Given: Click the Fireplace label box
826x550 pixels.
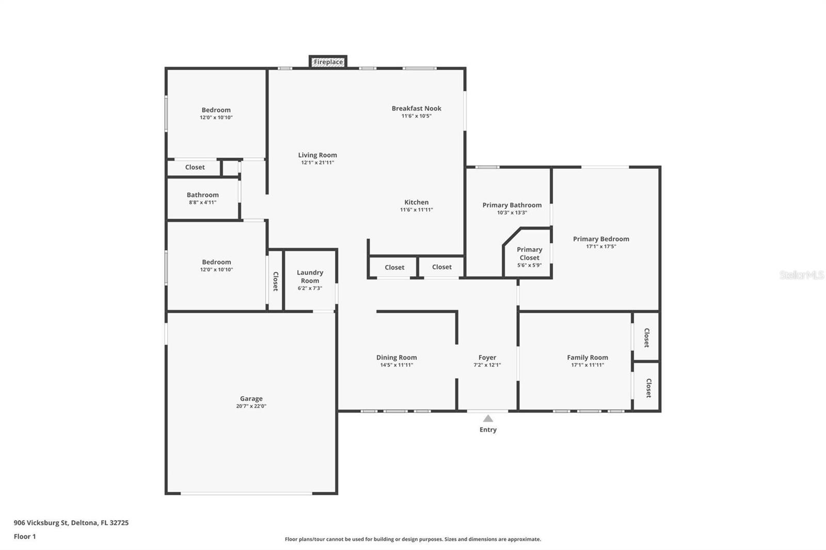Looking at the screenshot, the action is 328,62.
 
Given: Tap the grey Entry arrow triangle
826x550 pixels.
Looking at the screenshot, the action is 488,418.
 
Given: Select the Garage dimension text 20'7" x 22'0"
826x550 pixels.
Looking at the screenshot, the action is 251,406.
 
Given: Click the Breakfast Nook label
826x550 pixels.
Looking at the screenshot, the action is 416,108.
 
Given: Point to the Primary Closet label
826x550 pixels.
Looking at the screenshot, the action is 529,254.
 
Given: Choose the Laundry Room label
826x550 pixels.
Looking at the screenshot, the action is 310,277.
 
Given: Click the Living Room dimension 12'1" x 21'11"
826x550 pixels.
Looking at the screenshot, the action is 317,163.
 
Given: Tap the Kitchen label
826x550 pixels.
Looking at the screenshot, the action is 416,202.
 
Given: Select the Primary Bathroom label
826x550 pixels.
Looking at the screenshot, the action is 512,205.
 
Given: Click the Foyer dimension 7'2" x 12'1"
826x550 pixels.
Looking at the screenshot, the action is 487,365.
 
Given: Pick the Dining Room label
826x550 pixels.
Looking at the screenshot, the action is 396,358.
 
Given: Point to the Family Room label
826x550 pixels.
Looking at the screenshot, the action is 587,358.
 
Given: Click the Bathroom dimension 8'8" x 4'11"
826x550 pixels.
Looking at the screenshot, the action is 202,202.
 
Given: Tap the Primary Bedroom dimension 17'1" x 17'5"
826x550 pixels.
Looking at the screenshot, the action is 601,247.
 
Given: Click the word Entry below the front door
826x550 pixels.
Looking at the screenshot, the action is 488,430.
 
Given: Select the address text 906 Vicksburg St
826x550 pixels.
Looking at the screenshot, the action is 41,523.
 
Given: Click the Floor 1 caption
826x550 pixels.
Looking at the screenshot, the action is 25,537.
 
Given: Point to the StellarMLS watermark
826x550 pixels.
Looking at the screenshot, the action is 802,274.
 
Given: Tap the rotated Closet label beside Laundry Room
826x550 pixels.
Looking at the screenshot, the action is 276,281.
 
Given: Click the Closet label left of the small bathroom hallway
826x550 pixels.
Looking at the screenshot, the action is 195,167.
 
